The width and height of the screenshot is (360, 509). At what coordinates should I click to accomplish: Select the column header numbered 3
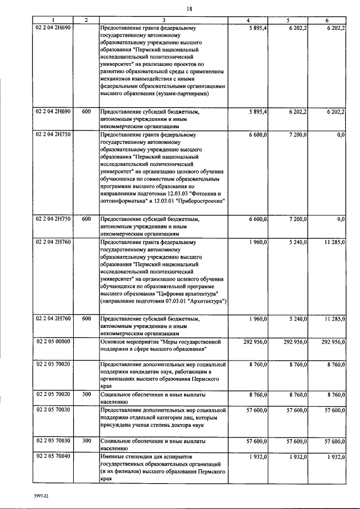coord(164,21)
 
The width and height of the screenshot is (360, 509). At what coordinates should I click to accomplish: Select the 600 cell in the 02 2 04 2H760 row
coord(86,319)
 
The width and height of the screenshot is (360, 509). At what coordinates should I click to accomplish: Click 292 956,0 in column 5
coord(295,341)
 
